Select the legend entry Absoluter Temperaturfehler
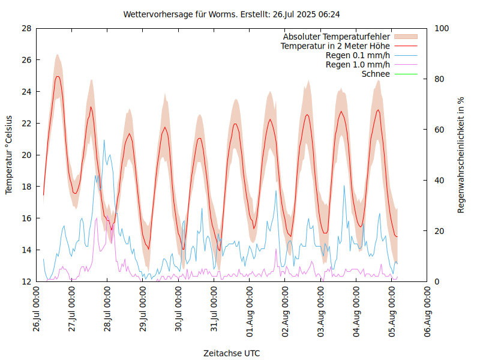click(337, 37)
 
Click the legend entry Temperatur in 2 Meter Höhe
click(335, 46)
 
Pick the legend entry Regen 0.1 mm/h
click(358, 55)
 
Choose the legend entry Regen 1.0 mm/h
click(358, 64)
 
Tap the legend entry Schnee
click(376, 74)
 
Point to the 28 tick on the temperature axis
click(26, 28)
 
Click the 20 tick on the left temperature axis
click(26, 155)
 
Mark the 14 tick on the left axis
click(26, 250)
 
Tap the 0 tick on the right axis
click(436, 281)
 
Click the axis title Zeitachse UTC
click(232, 353)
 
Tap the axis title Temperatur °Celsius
click(9, 154)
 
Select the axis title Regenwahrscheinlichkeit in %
click(461, 155)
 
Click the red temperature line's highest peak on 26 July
click(58, 76)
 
